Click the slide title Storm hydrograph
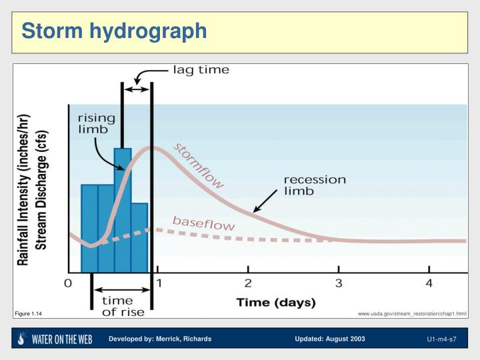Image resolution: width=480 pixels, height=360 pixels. tap(114, 31)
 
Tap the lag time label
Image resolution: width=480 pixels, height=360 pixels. tap(201, 70)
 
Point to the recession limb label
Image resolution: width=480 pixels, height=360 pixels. tap(315, 185)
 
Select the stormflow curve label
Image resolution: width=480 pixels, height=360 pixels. tap(199, 166)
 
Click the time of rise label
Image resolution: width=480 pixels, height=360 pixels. tap(117, 305)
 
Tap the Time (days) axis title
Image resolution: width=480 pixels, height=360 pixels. tap(275, 303)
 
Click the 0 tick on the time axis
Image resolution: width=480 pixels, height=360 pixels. tap(68, 283)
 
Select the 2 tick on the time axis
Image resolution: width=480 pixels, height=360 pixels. tap(248, 283)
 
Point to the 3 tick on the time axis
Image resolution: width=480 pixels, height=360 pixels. tap(339, 283)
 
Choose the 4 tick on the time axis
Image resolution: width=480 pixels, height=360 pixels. tap(429, 283)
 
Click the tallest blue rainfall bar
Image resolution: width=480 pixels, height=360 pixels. tap(123, 200)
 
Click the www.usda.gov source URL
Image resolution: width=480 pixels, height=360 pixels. tap(411, 313)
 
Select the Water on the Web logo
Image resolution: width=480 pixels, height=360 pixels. tap(55, 339)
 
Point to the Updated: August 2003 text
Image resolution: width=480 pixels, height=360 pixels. tap(330, 339)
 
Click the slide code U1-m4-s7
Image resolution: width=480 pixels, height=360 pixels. tap(441, 339)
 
